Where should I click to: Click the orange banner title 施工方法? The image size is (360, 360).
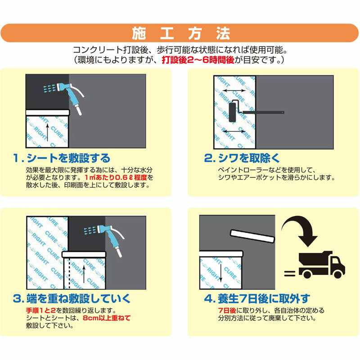tap(181, 33)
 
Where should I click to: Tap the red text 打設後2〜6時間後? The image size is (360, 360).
tap(198, 60)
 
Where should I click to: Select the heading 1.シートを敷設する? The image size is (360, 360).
tap(62, 158)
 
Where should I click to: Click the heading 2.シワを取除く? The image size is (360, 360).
tap(242, 158)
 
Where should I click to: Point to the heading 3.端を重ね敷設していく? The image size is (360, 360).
tap(72, 298)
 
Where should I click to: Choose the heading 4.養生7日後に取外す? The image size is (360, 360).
tap(257, 298)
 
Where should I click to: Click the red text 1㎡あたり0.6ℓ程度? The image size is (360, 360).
tap(116, 177)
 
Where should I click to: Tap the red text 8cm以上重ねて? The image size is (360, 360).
tap(107, 318)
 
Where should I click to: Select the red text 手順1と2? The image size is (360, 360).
tap(41, 310)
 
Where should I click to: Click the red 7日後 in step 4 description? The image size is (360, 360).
tap(227, 310)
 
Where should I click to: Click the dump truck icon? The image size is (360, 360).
tap(322, 265)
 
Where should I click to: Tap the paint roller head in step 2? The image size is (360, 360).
tap(233, 112)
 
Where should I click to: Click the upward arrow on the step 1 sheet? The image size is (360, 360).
tap(48, 132)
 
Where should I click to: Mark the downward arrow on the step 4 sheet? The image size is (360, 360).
tap(220, 273)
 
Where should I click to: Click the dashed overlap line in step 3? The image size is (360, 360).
tap(69, 273)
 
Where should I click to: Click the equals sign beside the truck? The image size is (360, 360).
tap(289, 273)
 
